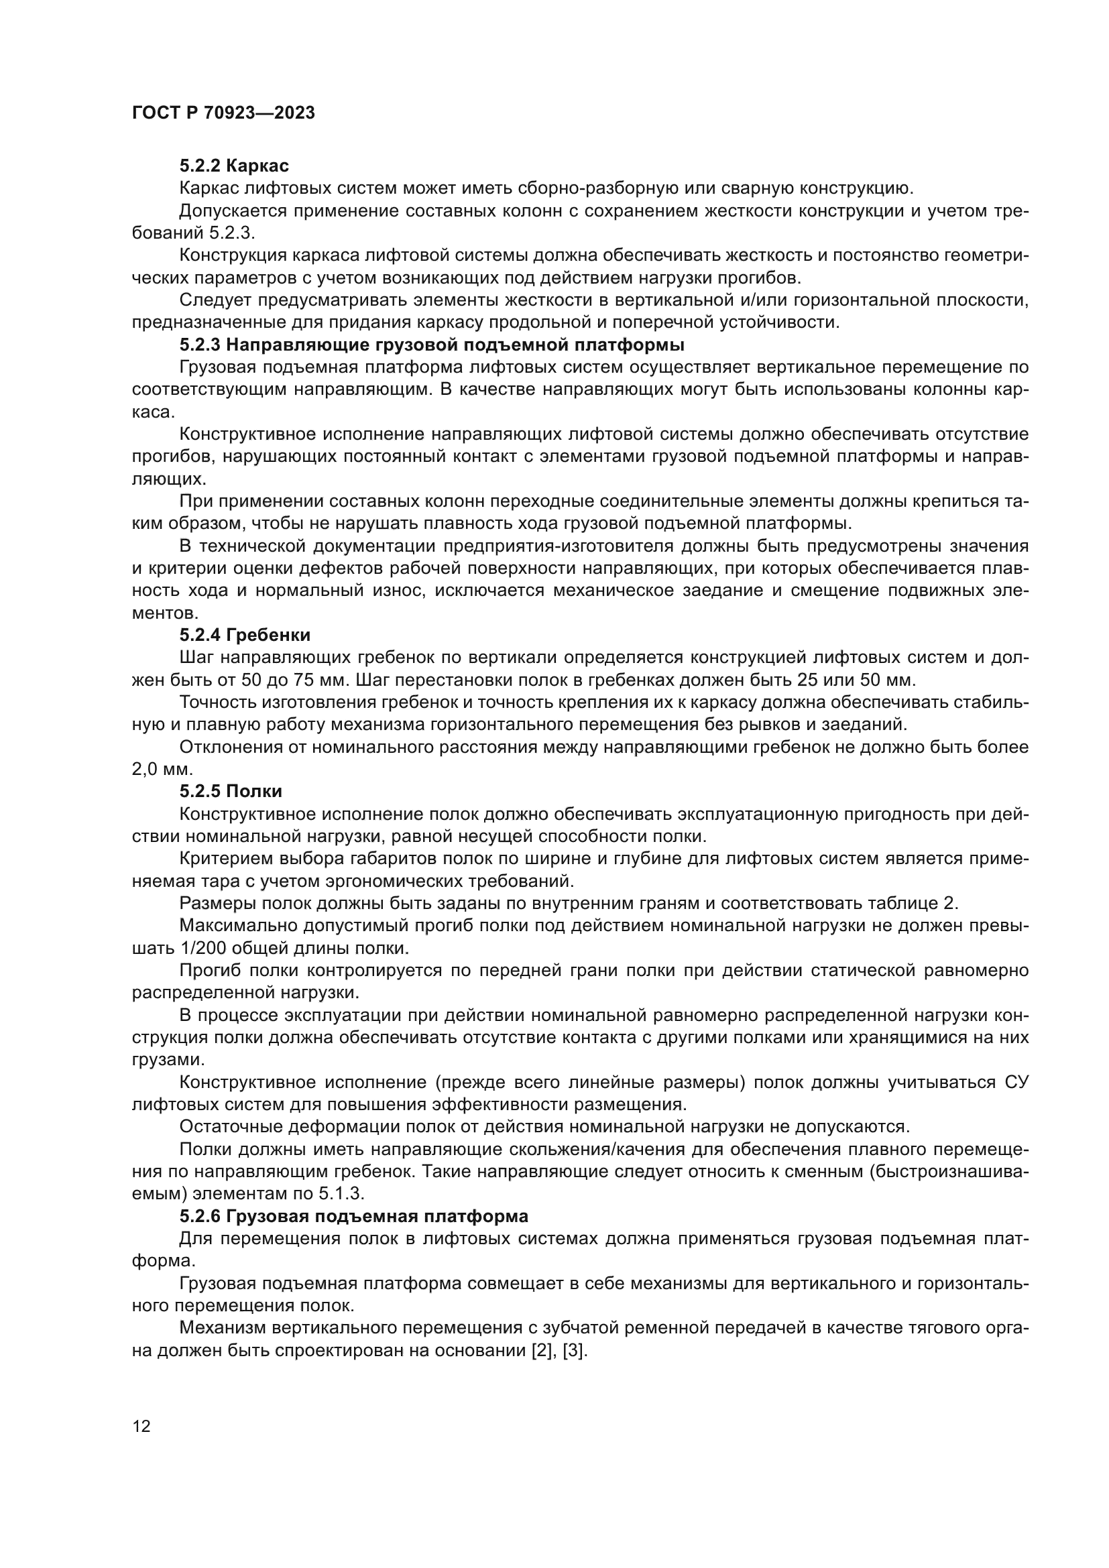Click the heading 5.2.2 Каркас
tap(234, 166)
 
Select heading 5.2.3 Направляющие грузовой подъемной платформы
tap(432, 345)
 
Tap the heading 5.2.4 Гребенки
tap(245, 635)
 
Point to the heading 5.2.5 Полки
tap(231, 792)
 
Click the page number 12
tap(141, 1427)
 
